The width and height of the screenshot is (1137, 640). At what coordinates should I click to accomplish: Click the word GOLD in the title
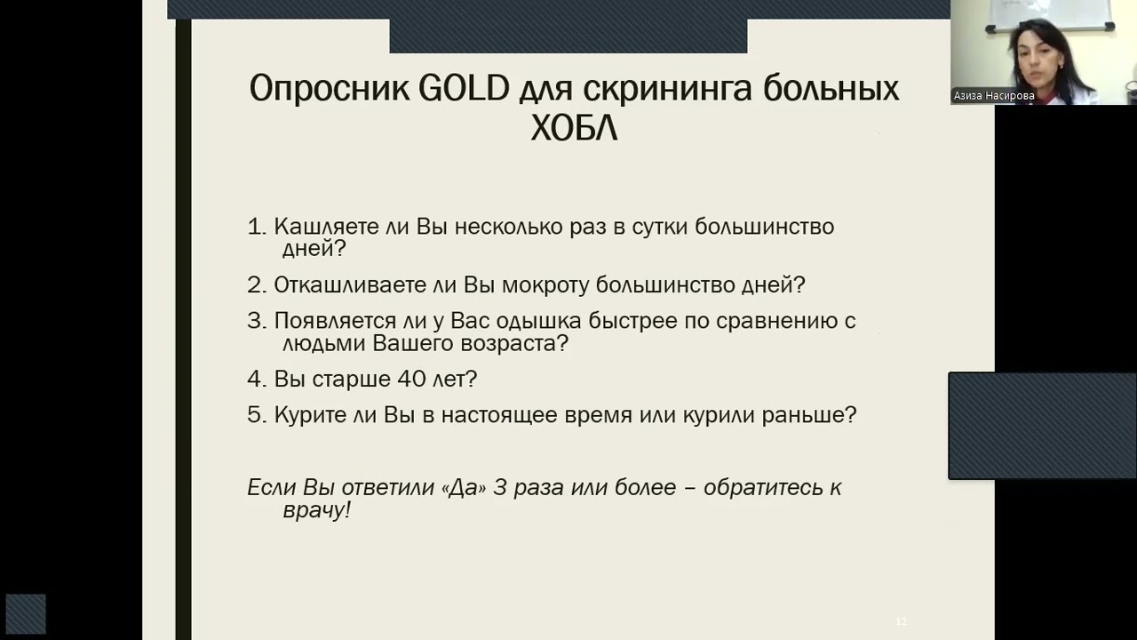(463, 89)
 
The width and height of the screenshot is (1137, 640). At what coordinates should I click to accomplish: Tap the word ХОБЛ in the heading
(574, 129)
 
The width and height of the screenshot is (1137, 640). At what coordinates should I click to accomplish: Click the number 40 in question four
(412, 379)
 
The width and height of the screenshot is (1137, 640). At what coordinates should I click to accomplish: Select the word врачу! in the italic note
(316, 510)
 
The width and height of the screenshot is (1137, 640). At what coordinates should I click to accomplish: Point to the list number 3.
(256, 321)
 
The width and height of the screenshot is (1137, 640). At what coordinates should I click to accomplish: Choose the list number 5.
(256, 415)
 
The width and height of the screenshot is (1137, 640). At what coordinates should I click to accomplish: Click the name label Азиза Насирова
(994, 95)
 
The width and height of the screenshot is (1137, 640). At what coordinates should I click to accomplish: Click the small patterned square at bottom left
(26, 614)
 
